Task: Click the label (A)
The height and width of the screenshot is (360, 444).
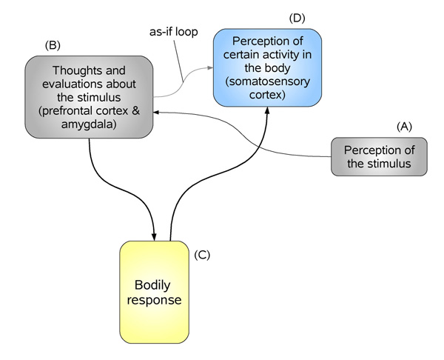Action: [x=405, y=127]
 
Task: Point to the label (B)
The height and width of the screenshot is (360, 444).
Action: [x=53, y=44]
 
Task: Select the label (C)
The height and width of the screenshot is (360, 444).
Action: [x=202, y=255]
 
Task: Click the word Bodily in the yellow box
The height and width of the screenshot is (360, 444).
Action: [x=155, y=285]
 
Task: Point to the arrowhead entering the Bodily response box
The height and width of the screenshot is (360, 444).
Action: [x=154, y=236]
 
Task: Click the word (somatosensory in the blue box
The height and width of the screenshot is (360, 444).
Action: [x=268, y=81]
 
